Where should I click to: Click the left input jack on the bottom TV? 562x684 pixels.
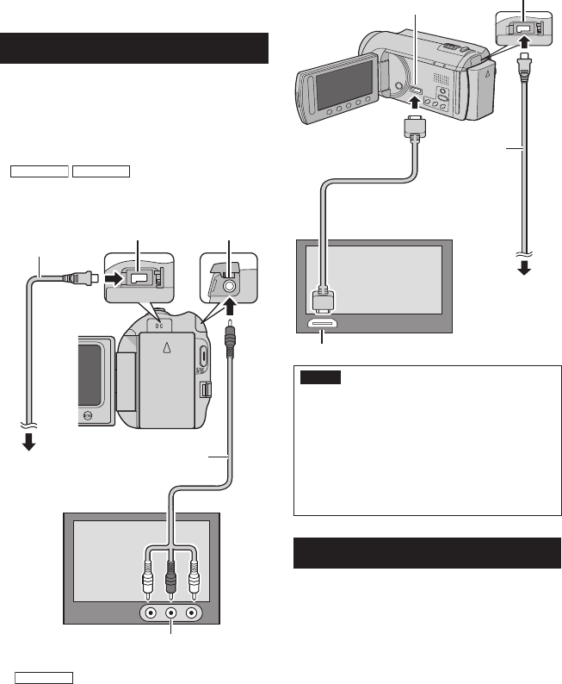[x=151, y=613]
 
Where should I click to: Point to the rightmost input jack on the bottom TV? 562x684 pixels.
[x=192, y=613]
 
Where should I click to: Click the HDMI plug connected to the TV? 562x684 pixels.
[x=324, y=298]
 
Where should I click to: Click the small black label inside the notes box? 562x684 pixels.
[x=321, y=377]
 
